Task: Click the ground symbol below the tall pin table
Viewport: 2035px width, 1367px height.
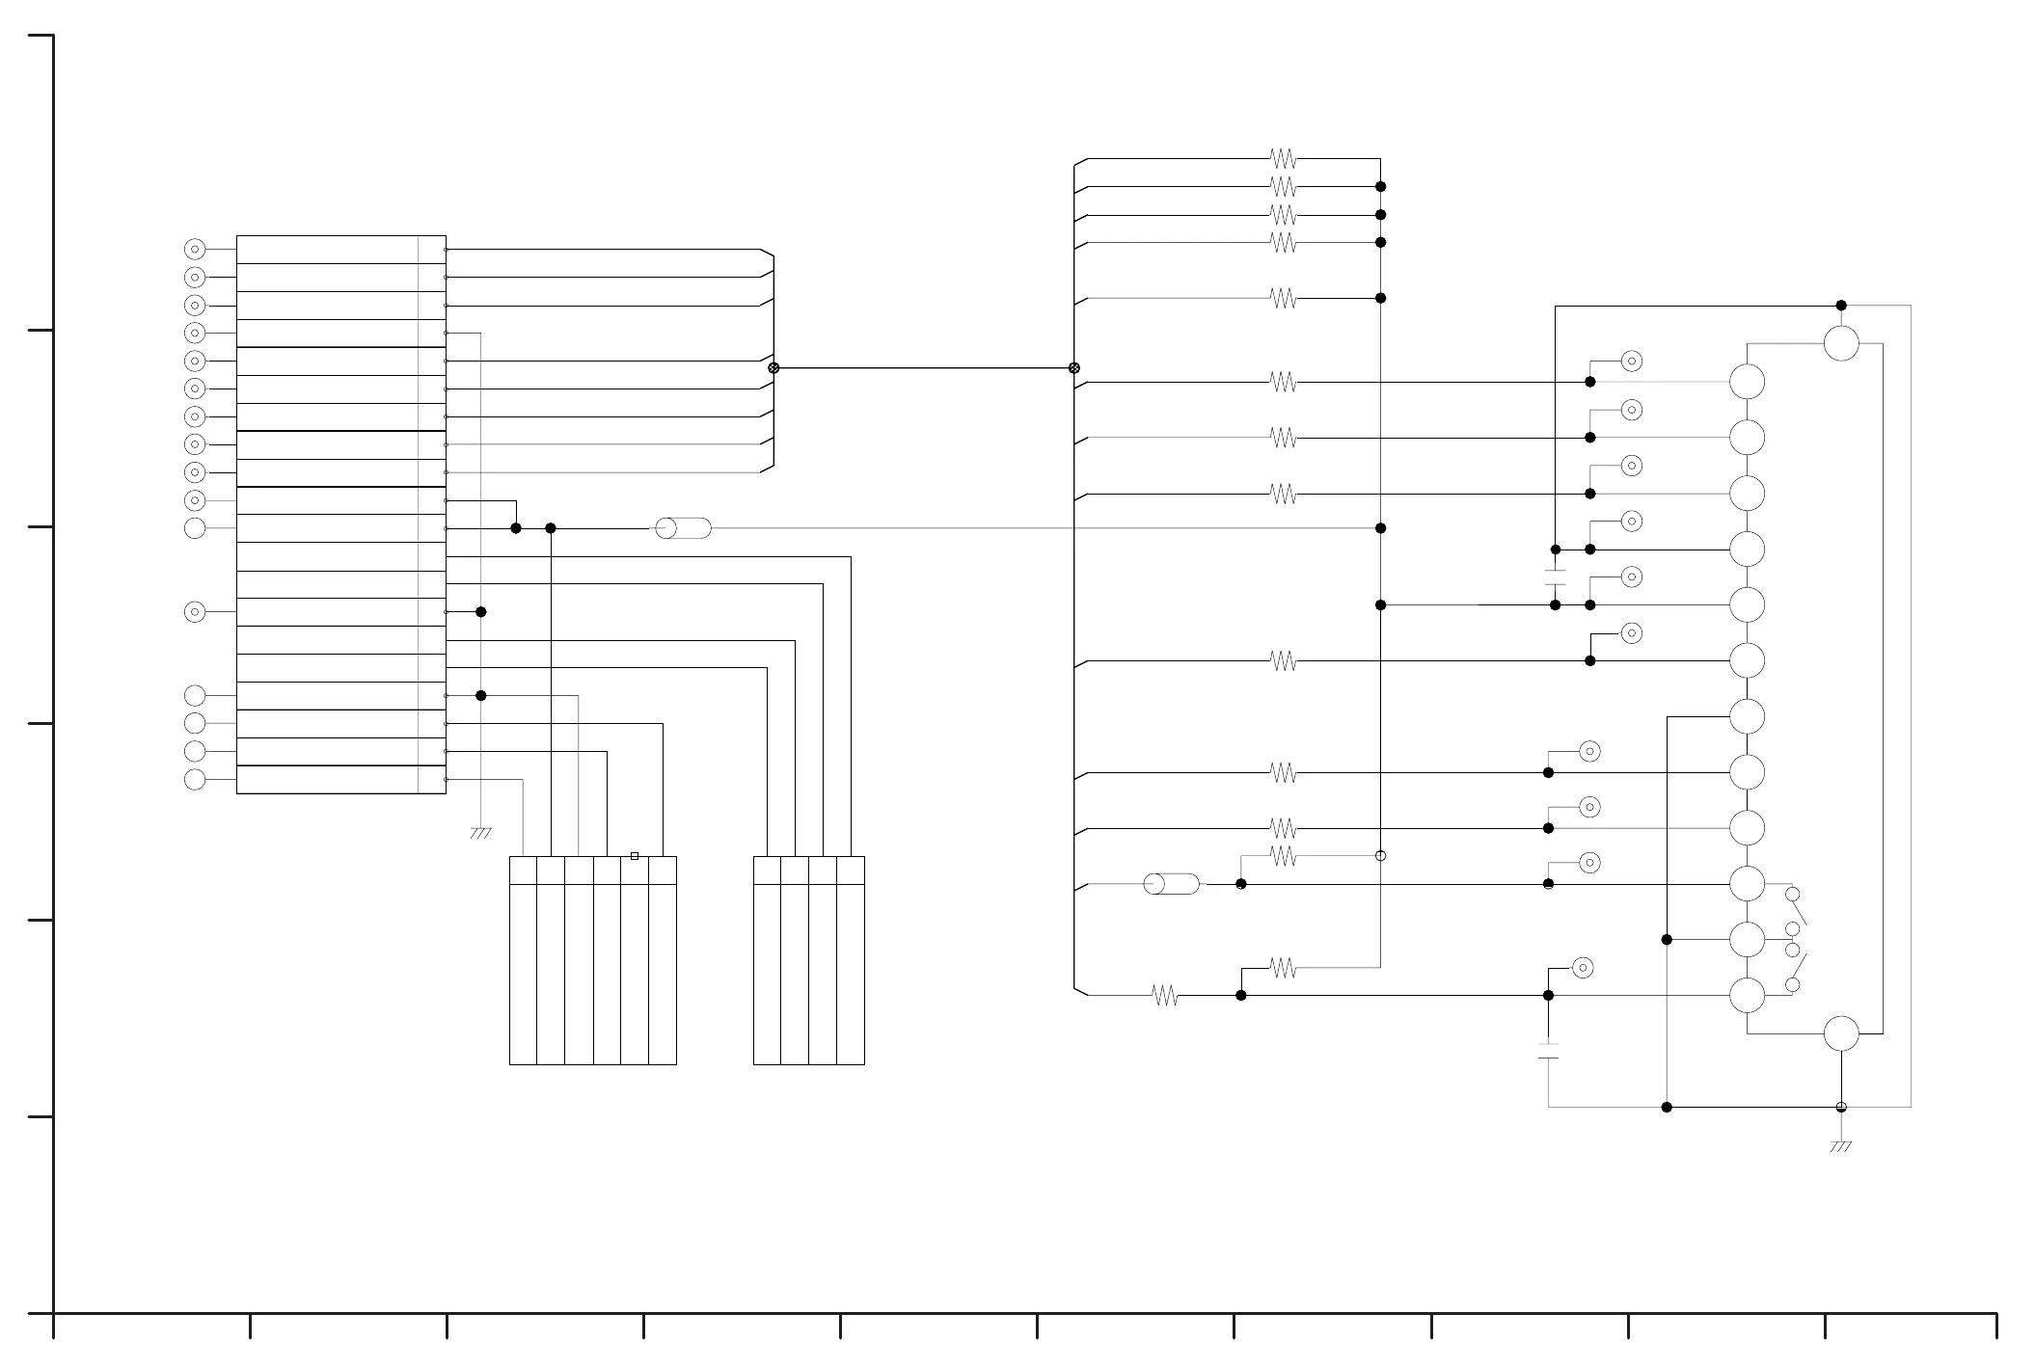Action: (x=480, y=833)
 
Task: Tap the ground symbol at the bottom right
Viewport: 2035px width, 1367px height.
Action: (x=1840, y=1146)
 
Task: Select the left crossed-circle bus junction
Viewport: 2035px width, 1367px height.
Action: (x=773, y=368)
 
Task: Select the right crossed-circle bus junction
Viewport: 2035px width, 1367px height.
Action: (x=1074, y=368)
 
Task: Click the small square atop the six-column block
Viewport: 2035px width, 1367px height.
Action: (x=635, y=856)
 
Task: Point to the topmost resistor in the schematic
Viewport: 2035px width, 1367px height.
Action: (x=1283, y=158)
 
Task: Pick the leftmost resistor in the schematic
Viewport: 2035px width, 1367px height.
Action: (x=1165, y=996)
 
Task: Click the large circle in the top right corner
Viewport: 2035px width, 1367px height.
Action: (x=1841, y=343)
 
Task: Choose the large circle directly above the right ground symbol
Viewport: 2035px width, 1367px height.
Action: (x=1841, y=1033)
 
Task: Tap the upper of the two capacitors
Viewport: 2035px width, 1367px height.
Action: (x=1555, y=577)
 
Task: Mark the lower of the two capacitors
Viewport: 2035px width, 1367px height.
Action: (x=1548, y=1051)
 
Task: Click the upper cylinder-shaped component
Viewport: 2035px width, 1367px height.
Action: (x=683, y=528)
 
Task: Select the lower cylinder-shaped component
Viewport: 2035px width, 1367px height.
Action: (x=1171, y=884)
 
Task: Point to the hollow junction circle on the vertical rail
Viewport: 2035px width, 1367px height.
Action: (x=1380, y=856)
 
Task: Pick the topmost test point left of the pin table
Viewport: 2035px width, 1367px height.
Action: (x=195, y=250)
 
